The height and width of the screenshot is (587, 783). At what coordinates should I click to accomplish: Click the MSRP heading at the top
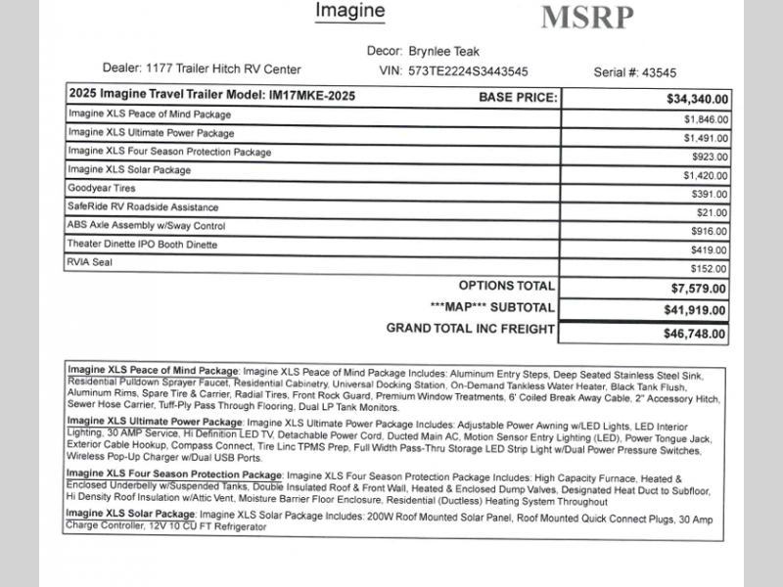[587, 17]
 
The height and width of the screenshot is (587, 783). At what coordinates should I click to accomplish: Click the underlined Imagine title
[350, 11]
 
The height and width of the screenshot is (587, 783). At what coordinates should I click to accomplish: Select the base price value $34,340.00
[697, 99]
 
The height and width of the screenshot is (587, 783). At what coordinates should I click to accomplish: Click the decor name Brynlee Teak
[445, 52]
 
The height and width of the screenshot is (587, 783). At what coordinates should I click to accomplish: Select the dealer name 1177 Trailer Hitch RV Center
[223, 69]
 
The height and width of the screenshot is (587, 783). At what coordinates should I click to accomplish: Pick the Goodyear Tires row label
[102, 188]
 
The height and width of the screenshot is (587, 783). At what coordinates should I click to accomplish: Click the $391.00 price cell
[708, 195]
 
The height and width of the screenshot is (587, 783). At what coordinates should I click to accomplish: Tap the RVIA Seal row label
[90, 262]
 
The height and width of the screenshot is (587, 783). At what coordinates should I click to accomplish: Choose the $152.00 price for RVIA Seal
[708, 269]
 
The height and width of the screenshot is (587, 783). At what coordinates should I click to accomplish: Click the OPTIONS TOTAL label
[506, 286]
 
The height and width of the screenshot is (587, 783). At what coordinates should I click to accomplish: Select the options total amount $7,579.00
[698, 289]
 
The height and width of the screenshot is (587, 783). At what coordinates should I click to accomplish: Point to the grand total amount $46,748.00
[695, 334]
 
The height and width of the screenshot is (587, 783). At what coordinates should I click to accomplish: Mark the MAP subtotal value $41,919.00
[695, 310]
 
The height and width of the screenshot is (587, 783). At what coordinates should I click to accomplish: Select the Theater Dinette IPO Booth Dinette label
[142, 244]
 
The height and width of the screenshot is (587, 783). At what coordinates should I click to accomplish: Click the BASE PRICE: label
[518, 97]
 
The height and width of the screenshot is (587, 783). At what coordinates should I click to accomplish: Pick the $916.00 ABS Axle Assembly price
[708, 232]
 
